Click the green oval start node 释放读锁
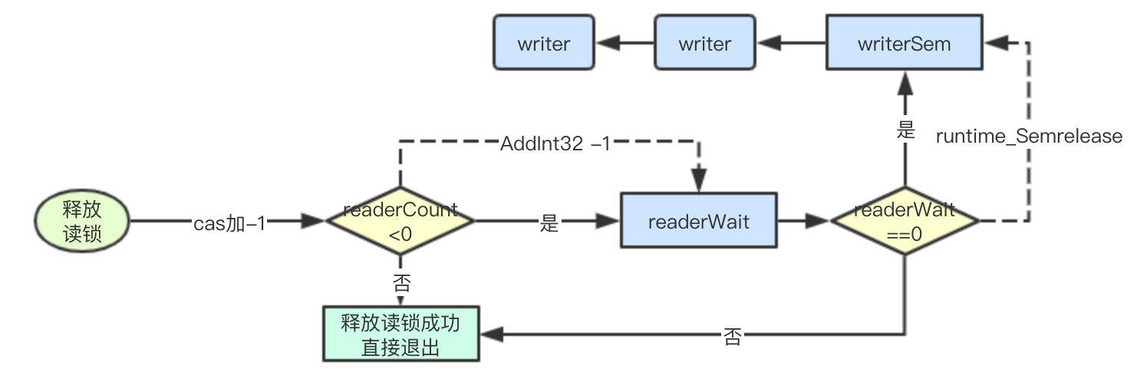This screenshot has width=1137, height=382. (81, 222)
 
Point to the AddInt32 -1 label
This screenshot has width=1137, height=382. (555, 143)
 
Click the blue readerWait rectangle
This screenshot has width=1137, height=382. (698, 222)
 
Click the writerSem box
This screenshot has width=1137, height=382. (904, 44)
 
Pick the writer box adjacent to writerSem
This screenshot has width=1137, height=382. (704, 44)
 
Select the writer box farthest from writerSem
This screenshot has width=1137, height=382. (543, 44)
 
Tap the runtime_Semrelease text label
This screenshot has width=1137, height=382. (1029, 137)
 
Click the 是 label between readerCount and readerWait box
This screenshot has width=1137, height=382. (549, 224)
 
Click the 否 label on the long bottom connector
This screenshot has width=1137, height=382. (733, 337)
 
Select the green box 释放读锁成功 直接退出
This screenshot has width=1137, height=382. (400, 334)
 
